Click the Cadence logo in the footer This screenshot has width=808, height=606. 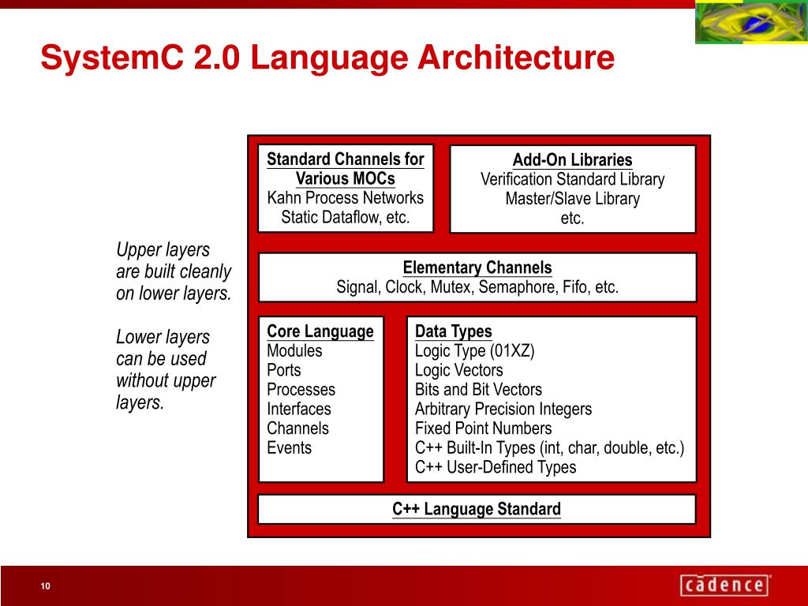click(724, 585)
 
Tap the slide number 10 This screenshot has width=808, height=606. click(46, 585)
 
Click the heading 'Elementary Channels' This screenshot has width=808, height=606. click(477, 267)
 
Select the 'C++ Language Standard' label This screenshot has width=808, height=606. click(477, 509)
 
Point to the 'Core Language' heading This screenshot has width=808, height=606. click(320, 331)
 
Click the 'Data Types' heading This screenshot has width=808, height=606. click(454, 331)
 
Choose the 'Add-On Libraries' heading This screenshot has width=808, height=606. click(572, 160)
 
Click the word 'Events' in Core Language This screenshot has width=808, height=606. click(289, 448)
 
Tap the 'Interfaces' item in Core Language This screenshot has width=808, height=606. click(299, 409)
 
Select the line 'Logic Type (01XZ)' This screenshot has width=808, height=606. click(475, 351)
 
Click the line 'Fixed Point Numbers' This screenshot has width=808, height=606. click(484, 428)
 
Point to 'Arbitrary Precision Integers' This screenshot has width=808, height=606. click(503, 409)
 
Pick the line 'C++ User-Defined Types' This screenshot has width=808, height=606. click(496, 467)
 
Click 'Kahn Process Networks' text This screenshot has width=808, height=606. click(346, 198)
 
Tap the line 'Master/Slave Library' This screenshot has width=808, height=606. click(572, 199)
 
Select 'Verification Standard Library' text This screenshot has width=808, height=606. click(572, 180)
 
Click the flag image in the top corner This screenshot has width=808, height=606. click(750, 23)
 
